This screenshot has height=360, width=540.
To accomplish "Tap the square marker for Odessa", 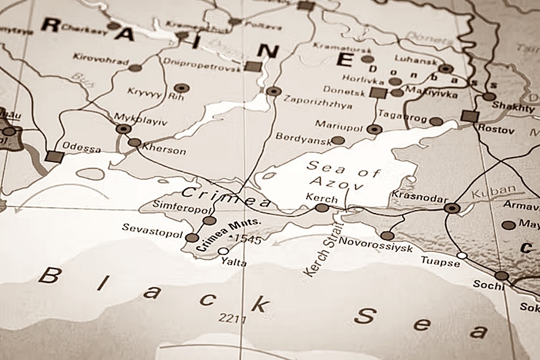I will [x=55, y=157].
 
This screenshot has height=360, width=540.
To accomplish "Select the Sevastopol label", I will [x=152, y=228].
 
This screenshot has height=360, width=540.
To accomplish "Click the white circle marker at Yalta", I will [x=223, y=251].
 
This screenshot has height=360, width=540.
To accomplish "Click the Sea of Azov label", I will [x=343, y=175].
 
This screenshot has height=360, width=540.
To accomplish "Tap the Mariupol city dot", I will [x=374, y=129].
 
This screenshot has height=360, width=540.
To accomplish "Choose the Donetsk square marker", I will [x=377, y=92].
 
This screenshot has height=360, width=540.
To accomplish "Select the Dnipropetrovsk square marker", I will [x=253, y=66].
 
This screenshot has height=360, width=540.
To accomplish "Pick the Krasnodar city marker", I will [x=452, y=208].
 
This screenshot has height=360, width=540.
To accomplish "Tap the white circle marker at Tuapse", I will [x=461, y=256].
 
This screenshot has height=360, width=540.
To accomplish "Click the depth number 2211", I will [x=233, y=318].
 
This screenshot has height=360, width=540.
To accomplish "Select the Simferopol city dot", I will [x=209, y=221].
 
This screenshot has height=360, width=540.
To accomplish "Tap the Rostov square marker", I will [x=470, y=116].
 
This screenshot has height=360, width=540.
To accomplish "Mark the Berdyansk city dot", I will [x=338, y=140].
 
